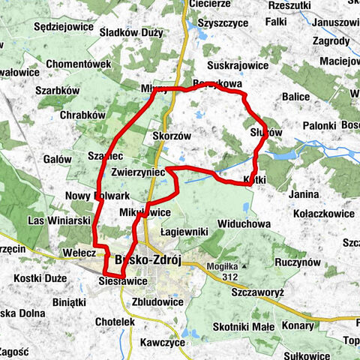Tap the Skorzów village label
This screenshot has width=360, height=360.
click(x=172, y=136)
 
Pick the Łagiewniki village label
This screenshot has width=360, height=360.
click(x=183, y=233)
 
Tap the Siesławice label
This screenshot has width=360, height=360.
click(x=122, y=280)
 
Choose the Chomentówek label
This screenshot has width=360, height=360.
click(x=79, y=64)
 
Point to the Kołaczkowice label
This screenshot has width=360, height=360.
click(x=319, y=212)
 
